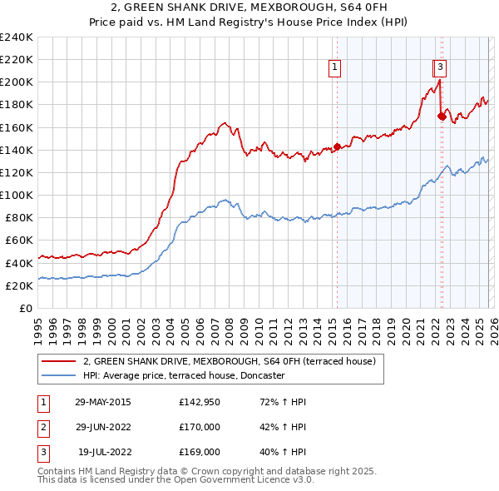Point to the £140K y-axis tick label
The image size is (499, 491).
pyautogui.click(x=17, y=150)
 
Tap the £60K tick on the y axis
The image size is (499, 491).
pyautogui.click(x=19, y=241)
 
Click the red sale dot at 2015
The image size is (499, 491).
pyautogui.click(x=337, y=147)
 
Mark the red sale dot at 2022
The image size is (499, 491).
pyautogui.click(x=441, y=117)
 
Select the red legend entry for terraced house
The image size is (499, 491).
pyautogui.click(x=230, y=361)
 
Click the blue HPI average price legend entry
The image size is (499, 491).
pyautogui.click(x=184, y=375)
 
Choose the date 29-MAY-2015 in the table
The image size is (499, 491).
pyautogui.click(x=102, y=402)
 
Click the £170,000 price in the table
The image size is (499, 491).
pyautogui.click(x=200, y=427)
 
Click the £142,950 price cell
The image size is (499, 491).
pyautogui.click(x=200, y=402)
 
